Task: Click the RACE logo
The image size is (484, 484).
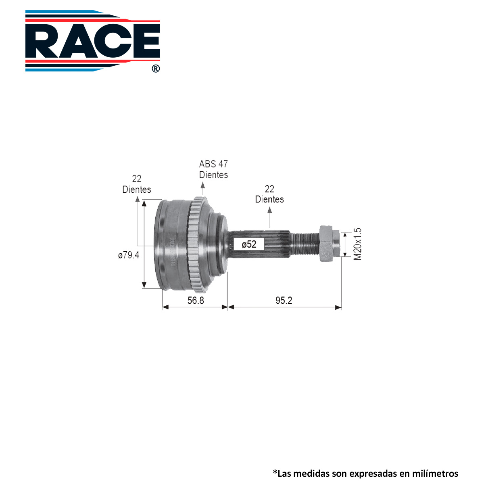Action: coord(92,41)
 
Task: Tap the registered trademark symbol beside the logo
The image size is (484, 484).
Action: coord(156,69)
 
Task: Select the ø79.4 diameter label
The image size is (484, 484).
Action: coord(128,255)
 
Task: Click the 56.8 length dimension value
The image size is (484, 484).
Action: coord(196,300)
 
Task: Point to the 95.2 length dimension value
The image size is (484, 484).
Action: coord(284,300)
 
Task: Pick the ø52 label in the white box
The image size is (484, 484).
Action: coord(249,244)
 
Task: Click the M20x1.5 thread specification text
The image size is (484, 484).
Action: coord(357,244)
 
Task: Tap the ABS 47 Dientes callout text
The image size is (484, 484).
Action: coord(213,169)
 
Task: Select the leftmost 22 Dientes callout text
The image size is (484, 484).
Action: coord(137,184)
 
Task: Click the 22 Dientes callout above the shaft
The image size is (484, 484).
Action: coord(269,194)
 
